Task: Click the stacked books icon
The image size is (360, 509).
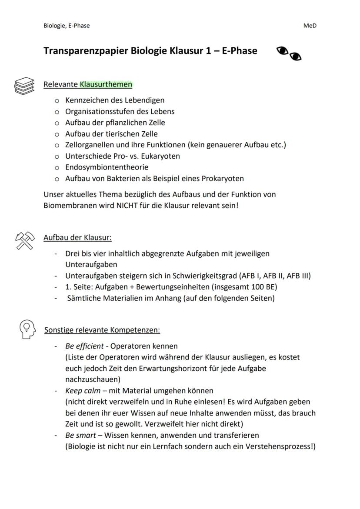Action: tap(24, 86)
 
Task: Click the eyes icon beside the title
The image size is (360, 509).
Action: tap(289, 53)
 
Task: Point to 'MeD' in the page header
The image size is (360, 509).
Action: tap(310, 26)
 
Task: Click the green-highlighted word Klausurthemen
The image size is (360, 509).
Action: tap(106, 84)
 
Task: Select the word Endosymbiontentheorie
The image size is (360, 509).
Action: tap(107, 167)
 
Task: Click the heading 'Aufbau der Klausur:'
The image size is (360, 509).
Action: tap(77, 238)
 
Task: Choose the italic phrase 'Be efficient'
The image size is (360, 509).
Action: tap(84, 346)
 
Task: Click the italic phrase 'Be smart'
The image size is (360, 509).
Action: tap(80, 435)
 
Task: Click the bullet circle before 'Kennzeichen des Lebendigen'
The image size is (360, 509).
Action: tap(57, 100)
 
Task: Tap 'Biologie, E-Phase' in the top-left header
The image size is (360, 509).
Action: tap(67, 26)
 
